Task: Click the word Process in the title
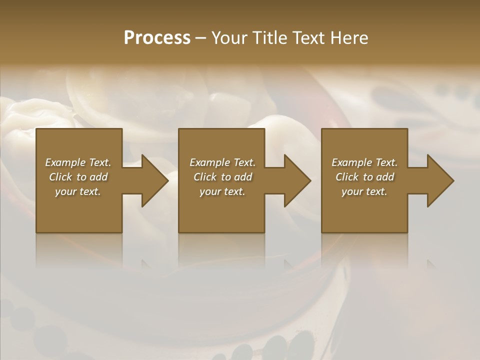(x=157, y=38)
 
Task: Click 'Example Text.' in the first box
(x=78, y=162)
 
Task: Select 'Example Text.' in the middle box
(x=222, y=162)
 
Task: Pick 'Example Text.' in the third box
(x=364, y=162)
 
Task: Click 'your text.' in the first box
(x=78, y=191)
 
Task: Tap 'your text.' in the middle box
(x=222, y=191)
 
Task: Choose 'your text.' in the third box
(x=364, y=191)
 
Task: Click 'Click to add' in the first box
(x=78, y=177)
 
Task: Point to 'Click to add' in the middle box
(x=222, y=177)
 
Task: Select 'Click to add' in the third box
(x=364, y=177)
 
